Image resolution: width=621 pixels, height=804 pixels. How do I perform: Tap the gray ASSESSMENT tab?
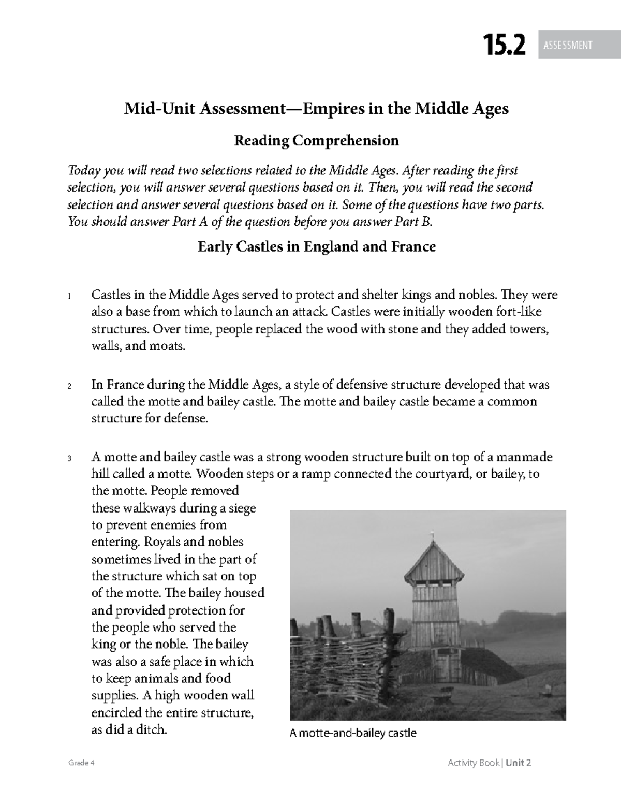pyautogui.click(x=568, y=46)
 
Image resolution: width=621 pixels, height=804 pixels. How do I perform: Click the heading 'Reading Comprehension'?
pyautogui.click(x=316, y=140)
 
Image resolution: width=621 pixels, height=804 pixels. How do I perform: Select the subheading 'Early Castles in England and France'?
pyautogui.click(x=316, y=246)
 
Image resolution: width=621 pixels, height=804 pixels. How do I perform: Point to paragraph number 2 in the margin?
pyautogui.click(x=69, y=387)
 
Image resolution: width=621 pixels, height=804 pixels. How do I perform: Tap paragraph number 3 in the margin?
pyautogui.click(x=69, y=459)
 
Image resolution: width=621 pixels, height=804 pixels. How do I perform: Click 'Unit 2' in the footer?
pyautogui.click(x=519, y=763)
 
